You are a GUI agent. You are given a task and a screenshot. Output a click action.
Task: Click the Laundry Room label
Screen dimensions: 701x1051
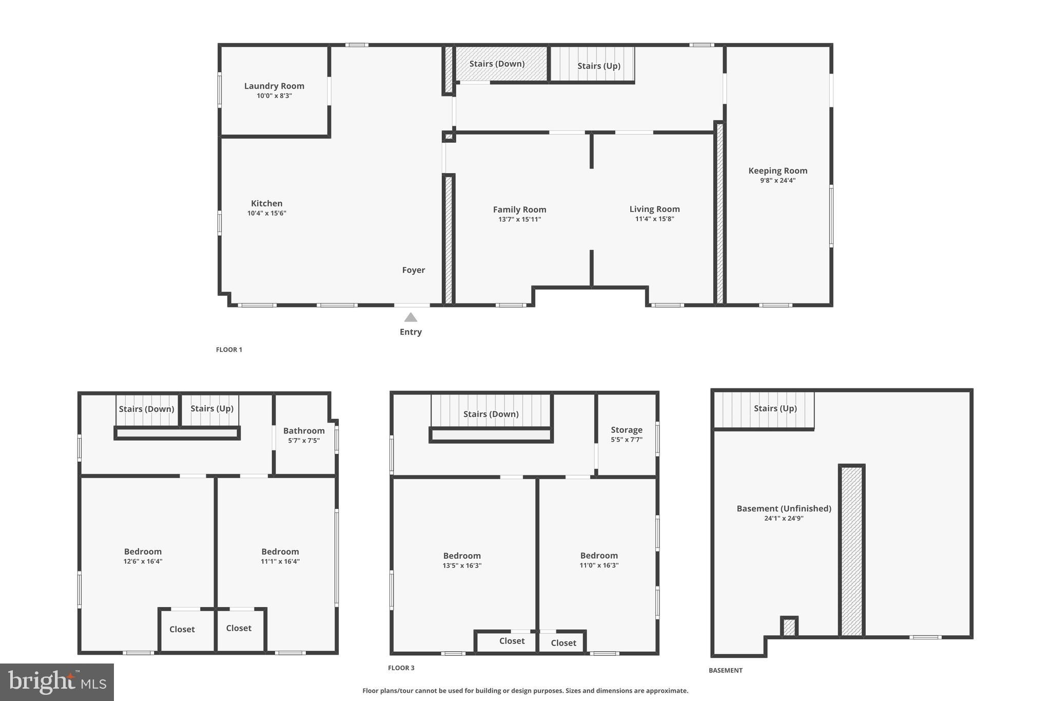[274, 86]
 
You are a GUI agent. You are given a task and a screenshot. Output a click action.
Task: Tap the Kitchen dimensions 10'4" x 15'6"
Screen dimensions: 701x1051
[266, 213]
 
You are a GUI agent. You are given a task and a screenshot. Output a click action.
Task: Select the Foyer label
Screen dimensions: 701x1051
[413, 270]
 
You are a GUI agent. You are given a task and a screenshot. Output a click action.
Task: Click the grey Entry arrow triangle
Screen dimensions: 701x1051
[411, 317]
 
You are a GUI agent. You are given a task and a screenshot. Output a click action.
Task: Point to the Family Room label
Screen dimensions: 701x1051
[519, 210]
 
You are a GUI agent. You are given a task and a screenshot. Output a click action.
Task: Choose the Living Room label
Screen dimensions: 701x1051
[654, 209]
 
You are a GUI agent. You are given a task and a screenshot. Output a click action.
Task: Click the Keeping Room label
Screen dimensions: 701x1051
[777, 171]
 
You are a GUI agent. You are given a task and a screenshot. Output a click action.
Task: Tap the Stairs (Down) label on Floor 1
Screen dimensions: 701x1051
[497, 64]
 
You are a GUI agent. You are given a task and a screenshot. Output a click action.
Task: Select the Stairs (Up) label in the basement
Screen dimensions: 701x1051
[775, 408]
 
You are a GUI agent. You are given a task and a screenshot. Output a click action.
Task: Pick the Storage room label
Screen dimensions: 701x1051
[626, 430]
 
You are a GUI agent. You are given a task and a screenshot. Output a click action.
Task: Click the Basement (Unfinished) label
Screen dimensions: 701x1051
[784, 508]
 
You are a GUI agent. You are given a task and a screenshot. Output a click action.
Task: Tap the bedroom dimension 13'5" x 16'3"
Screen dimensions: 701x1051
[462, 565]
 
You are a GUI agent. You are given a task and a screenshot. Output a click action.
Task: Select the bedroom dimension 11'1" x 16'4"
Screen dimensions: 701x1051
[280, 561]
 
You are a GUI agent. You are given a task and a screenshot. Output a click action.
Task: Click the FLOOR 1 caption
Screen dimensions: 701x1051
[229, 350]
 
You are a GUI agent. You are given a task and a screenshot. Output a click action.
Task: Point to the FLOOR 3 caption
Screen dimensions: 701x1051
[401, 668]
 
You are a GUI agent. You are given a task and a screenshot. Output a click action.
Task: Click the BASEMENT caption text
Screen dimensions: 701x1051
[725, 670]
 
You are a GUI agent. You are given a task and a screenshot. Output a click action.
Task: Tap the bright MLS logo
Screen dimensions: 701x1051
[57, 682]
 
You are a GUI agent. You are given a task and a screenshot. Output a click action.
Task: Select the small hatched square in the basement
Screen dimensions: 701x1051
[789, 627]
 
